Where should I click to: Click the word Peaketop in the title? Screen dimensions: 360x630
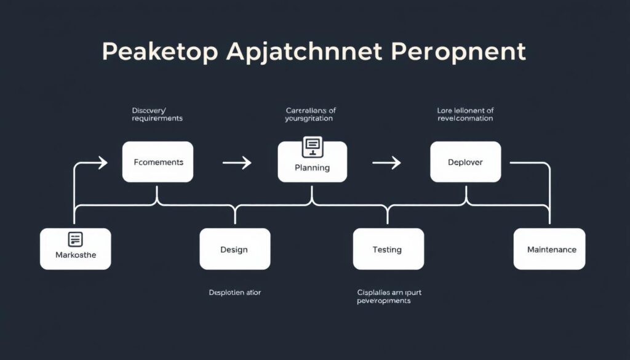(159, 52)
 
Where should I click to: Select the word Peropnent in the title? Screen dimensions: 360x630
(458, 52)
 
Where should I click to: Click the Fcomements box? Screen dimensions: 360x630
(157, 162)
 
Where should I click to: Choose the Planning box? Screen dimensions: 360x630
(312, 166)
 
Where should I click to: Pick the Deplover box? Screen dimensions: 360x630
(465, 162)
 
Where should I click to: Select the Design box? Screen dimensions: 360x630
(234, 249)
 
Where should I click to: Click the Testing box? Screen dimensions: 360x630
(388, 249)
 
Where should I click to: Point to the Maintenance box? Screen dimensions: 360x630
(549, 249)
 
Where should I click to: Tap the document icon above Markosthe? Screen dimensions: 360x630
(75, 239)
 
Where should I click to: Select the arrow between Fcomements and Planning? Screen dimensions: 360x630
(237, 162)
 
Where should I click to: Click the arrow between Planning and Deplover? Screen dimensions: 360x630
(387, 162)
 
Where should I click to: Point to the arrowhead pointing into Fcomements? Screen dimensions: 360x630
(102, 162)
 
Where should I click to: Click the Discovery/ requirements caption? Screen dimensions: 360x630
(157, 114)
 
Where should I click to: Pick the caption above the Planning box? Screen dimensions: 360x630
(311, 114)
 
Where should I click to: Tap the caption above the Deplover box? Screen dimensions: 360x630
(465, 114)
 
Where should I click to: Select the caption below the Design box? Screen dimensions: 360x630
(234, 292)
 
